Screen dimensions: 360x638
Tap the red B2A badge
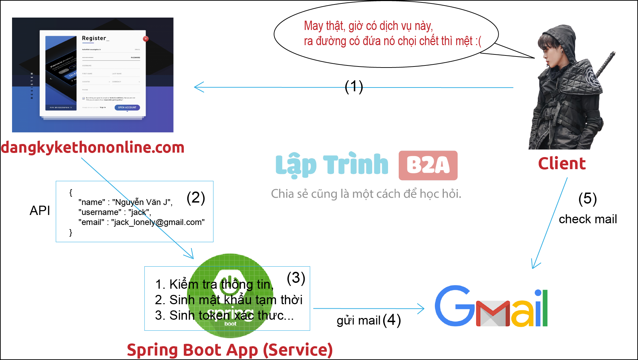click(x=428, y=165)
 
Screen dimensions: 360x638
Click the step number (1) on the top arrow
click(x=354, y=86)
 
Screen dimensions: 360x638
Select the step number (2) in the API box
click(x=196, y=198)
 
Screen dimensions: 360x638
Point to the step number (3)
click(x=296, y=278)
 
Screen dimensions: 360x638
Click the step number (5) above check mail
click(x=587, y=199)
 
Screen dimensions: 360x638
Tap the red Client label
click(x=562, y=163)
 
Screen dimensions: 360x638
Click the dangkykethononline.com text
click(x=93, y=147)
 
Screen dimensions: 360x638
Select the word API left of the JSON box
click(x=40, y=210)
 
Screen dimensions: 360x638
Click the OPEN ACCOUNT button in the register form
click(x=127, y=107)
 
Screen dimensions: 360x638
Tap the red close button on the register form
click(x=146, y=39)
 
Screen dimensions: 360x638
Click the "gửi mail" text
click(x=358, y=320)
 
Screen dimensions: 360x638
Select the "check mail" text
click(x=588, y=219)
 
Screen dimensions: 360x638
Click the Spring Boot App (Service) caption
click(x=230, y=350)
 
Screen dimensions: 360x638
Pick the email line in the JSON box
click(x=142, y=222)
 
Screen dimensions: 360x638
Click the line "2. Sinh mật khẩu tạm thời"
click(x=229, y=300)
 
